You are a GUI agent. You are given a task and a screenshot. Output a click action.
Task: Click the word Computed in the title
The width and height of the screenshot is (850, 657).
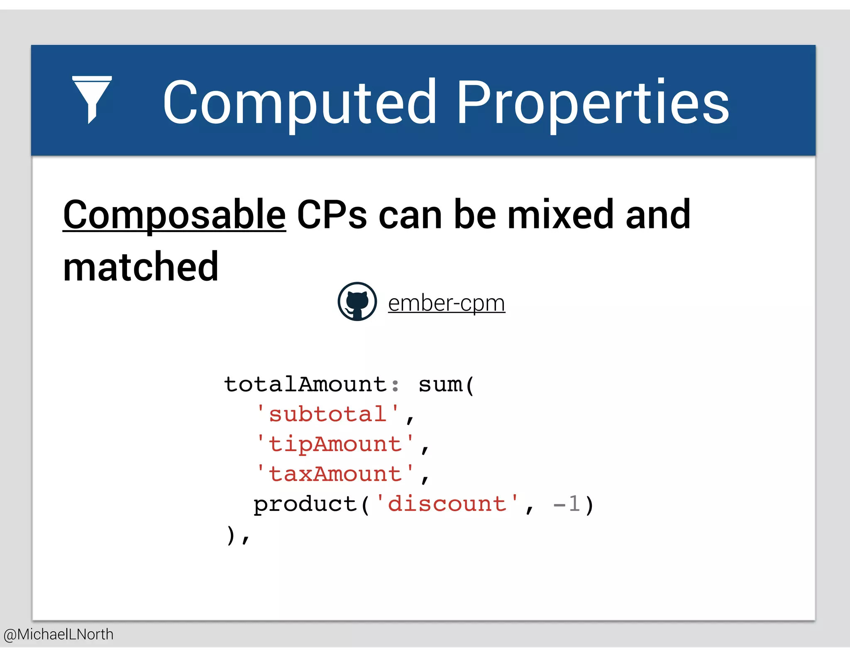point(299,103)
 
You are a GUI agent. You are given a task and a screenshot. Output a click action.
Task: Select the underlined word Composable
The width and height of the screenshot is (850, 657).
point(174,215)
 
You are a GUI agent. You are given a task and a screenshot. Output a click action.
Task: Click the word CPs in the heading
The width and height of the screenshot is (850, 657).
point(332,215)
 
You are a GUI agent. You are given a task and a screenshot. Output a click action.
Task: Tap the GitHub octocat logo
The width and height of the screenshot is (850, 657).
point(357,302)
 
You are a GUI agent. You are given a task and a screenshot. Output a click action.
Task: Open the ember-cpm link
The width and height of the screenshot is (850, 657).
point(446,303)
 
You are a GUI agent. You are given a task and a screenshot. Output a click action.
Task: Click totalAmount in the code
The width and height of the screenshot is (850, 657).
point(305,384)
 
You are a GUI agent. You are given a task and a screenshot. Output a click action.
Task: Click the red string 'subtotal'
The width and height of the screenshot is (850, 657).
point(328,414)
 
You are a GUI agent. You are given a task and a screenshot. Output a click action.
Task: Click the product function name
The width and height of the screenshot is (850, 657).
point(305,504)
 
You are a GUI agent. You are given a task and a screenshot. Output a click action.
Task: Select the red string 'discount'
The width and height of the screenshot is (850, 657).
point(447,504)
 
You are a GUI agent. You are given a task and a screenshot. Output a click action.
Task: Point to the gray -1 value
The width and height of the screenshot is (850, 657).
point(566,504)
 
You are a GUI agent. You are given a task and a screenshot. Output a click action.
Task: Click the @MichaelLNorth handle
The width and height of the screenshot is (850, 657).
point(59,634)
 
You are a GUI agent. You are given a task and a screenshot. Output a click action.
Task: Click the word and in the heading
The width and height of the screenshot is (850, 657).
point(658,215)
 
